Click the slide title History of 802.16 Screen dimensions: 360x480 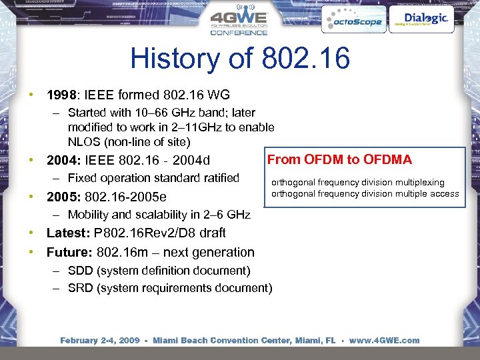coord(240,59)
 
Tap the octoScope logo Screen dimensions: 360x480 coord(353,21)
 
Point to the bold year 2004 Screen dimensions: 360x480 coord(61,160)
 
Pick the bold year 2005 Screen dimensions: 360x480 coord(61,197)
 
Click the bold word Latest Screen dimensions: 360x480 coord(68,233)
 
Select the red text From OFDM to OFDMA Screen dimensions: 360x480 coord(339,159)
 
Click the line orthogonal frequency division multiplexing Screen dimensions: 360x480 coord(357,182)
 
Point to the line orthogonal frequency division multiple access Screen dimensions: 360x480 coord(365,194)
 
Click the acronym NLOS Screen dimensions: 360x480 coord(83,141)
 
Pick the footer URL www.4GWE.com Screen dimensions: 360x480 coord(384,340)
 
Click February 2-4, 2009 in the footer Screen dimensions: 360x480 coord(100,340)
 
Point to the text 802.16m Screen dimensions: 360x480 coord(122,252)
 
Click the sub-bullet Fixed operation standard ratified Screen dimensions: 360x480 coord(153,178)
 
